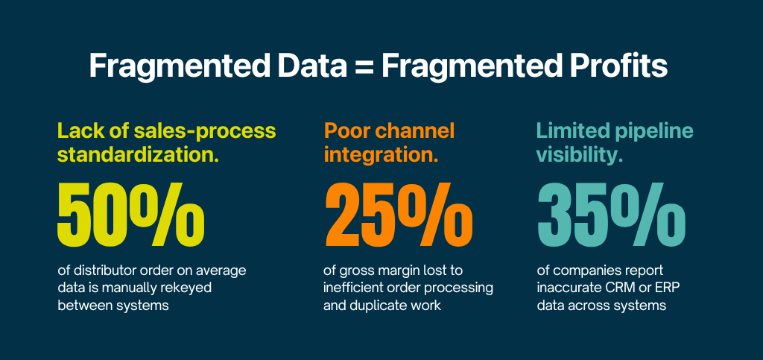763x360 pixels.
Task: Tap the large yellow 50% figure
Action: pyautogui.click(x=131, y=212)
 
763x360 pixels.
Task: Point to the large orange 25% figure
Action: pyautogui.click(x=399, y=212)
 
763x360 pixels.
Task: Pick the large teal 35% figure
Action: pyautogui.click(x=611, y=212)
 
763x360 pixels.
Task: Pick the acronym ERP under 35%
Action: pyautogui.click(x=665, y=287)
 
